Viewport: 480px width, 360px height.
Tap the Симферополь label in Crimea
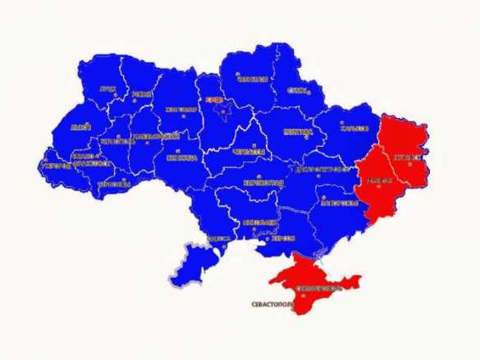(x=316, y=289)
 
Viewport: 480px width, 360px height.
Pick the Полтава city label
(x=297, y=131)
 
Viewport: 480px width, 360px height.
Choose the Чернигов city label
(x=254, y=80)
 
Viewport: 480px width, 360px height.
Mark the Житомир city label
(x=181, y=108)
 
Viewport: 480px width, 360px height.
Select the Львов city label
(x=80, y=127)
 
